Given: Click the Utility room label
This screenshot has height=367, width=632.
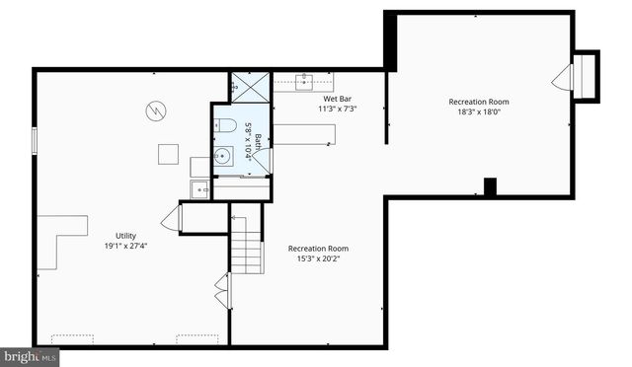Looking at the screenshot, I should tap(125, 236).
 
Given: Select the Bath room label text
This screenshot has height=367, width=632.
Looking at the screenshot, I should tap(259, 146).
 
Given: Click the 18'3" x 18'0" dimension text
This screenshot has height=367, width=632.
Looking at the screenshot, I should tap(478, 112).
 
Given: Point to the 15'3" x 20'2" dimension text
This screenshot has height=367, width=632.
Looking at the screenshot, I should tap(318, 259).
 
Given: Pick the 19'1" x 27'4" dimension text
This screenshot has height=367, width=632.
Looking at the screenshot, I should tap(125, 247).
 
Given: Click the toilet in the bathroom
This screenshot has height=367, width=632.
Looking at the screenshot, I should tap(224, 126).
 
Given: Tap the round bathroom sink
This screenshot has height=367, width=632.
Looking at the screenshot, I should tap(224, 156).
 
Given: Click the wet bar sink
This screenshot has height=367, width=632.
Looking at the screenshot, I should tap(303, 81).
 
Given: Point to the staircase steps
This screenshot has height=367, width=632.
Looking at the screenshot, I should tap(247, 247).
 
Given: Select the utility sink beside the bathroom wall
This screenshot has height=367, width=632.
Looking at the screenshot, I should tap(200, 188).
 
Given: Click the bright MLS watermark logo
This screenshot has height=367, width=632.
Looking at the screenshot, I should tap(30, 356).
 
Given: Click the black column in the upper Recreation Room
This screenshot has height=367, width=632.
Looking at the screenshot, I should tap(490, 186).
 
